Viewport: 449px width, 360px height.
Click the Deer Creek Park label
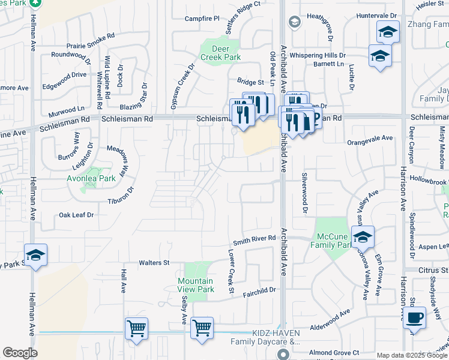(x=220, y=53)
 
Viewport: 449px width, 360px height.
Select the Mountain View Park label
(x=196, y=285)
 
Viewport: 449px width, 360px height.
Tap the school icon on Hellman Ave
(x=35, y=255)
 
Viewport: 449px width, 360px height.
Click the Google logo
(x=20, y=353)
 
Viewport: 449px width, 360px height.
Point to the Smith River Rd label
(x=254, y=239)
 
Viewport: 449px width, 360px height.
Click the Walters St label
(x=154, y=263)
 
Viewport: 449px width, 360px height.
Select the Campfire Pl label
(x=202, y=19)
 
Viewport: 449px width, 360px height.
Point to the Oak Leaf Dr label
(x=76, y=215)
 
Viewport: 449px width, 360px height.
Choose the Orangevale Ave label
(x=370, y=138)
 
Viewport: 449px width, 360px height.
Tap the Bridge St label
(x=250, y=82)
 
